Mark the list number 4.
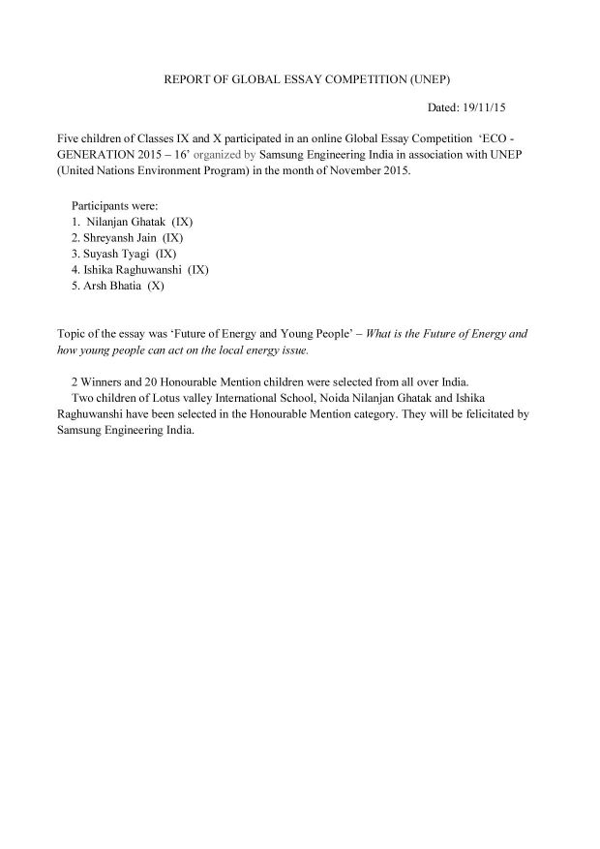point(75,270)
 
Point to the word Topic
point(74,333)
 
